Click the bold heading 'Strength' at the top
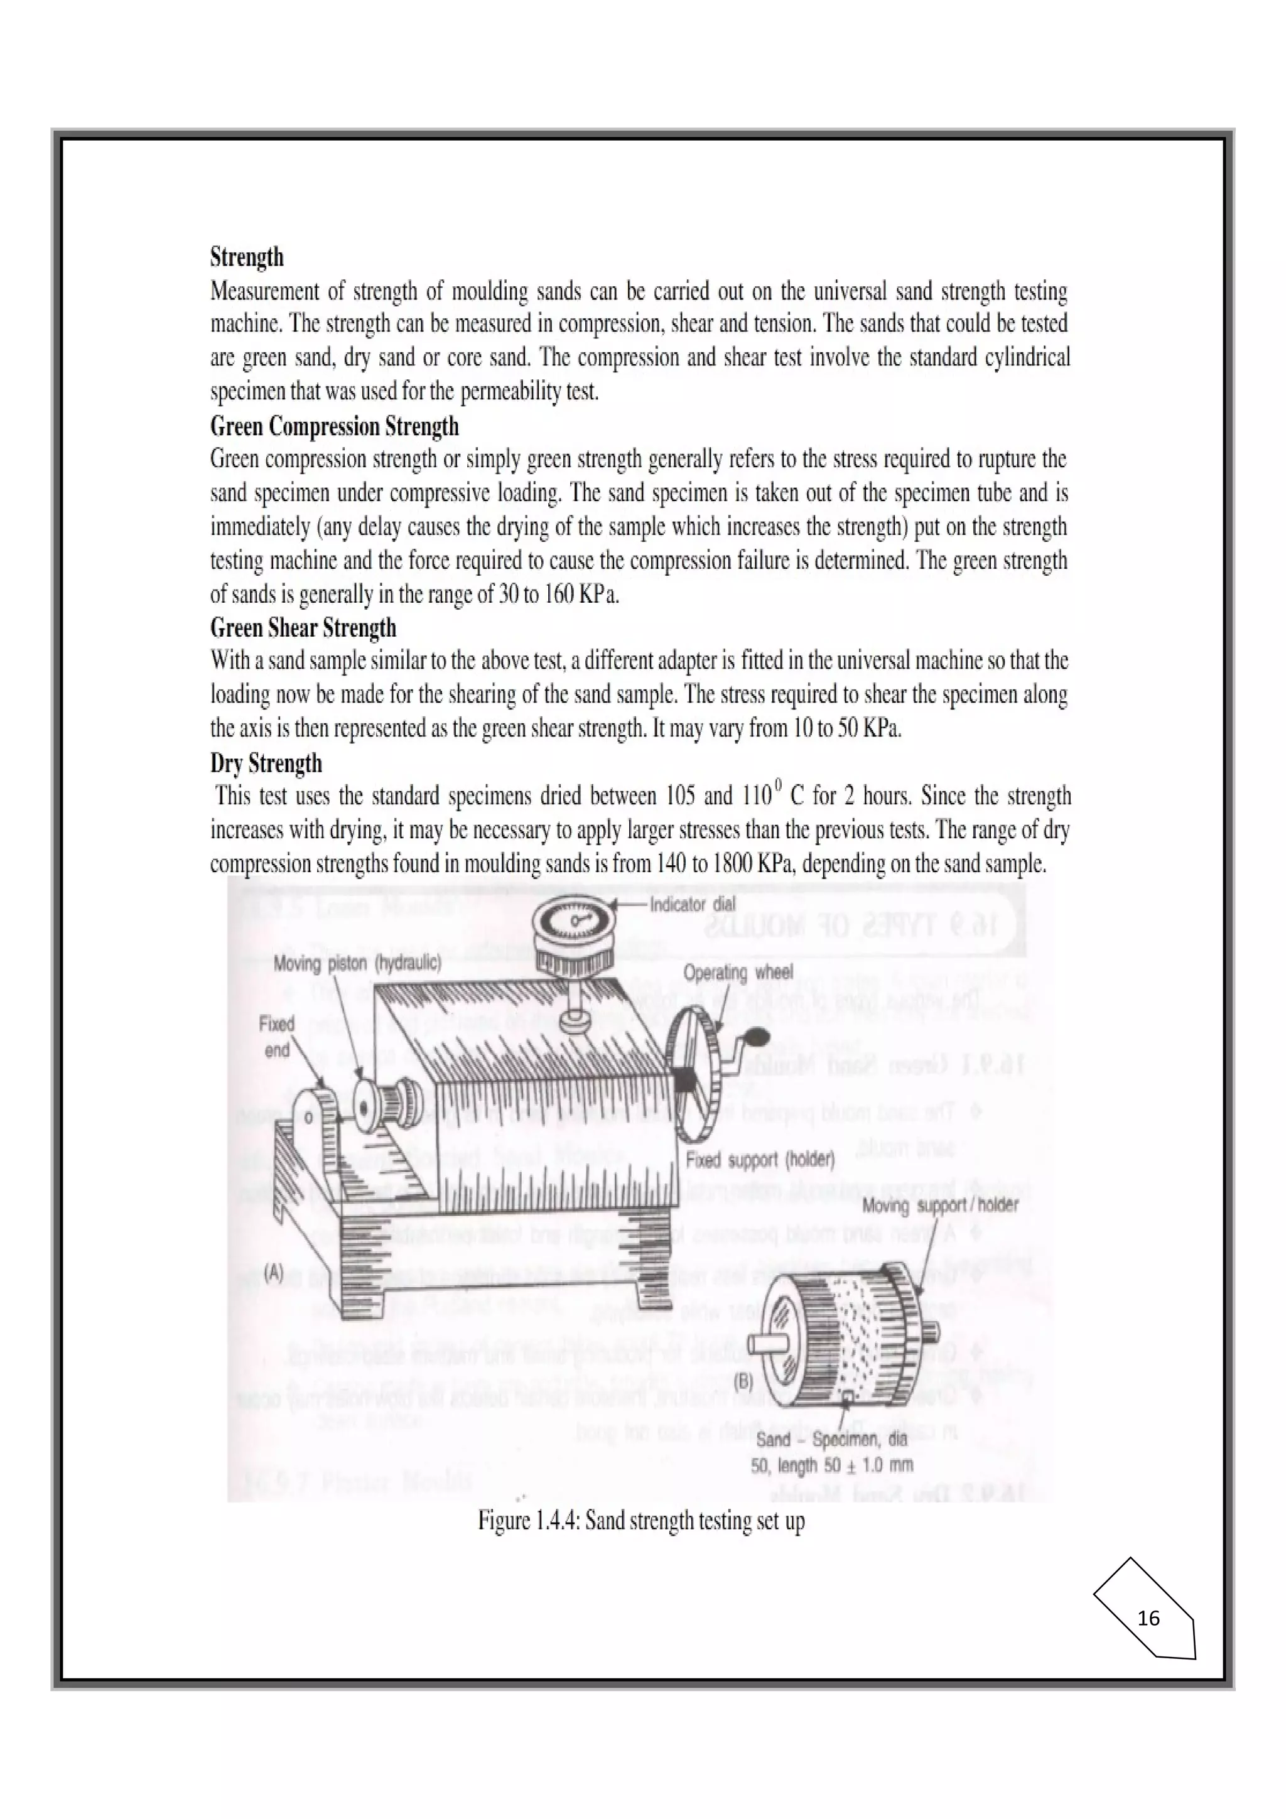246,257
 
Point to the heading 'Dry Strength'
266,763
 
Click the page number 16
1147,1618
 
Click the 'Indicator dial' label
692,904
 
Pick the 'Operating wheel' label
737,972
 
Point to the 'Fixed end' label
276,1036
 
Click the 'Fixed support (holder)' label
760,1160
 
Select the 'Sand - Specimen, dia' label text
831,1438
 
